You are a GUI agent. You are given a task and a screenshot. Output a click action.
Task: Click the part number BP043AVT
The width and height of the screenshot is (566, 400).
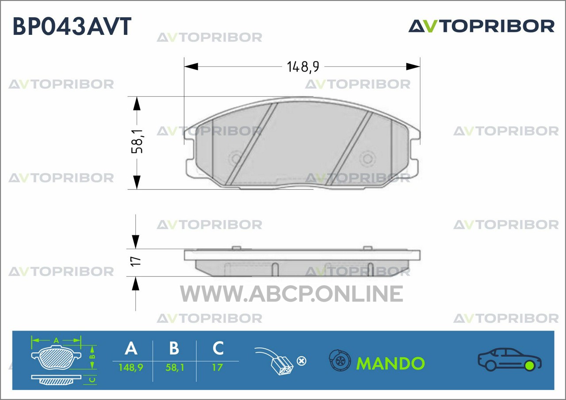point(72,26)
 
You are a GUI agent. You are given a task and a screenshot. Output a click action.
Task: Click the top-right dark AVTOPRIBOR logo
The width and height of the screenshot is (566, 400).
point(482,26)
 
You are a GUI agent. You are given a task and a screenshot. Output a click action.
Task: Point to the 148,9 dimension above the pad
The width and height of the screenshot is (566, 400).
point(303,67)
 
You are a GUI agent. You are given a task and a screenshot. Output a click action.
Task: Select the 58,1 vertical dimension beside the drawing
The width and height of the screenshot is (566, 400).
point(137,141)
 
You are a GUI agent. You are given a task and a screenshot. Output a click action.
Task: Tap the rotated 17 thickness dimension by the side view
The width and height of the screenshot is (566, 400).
point(136,261)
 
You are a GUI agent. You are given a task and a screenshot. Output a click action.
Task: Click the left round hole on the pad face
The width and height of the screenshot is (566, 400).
point(236,158)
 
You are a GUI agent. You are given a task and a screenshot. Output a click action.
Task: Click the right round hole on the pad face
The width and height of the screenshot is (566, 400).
point(367,158)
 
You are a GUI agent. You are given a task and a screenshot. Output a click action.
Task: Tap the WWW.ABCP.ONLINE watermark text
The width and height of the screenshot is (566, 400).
point(291,294)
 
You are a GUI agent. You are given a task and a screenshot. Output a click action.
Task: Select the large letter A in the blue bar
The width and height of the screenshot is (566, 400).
point(131,348)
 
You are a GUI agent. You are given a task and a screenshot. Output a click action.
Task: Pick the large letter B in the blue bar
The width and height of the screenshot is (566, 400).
point(174,348)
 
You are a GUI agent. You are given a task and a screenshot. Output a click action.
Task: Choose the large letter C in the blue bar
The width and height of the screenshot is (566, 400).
point(218,348)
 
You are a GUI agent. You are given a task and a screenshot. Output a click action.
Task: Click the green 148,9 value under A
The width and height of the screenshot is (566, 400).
point(131,367)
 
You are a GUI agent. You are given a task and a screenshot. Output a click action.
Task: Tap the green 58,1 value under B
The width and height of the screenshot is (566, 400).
point(175,367)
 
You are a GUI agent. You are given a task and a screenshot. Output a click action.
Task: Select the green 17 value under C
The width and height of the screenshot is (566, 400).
point(217,367)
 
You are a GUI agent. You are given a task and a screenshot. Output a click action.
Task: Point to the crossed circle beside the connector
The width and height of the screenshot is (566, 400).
point(302,361)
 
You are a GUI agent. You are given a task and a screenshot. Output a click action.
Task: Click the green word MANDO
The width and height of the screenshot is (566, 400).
point(390,363)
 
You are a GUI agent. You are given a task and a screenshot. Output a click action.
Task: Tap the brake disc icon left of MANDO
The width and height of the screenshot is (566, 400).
point(340,360)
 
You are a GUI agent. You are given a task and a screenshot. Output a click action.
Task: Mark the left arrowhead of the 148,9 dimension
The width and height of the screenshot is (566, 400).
point(191,67)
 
